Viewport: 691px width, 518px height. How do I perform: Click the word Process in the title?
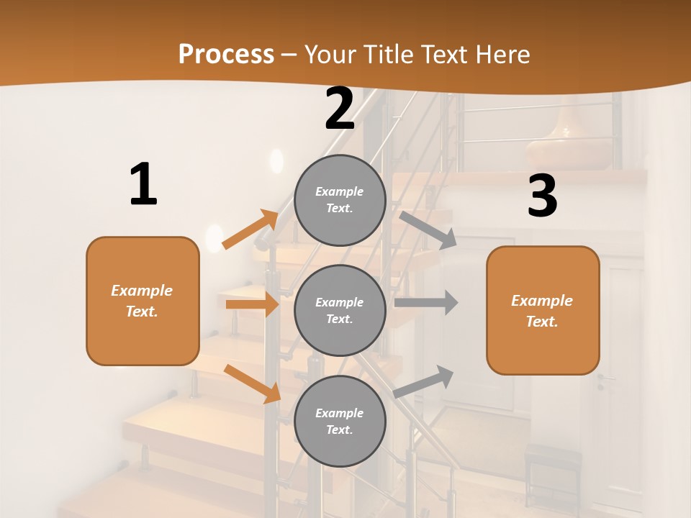pos(226,55)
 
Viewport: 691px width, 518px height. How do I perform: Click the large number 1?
pos(143,185)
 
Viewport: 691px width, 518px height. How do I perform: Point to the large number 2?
pos(340,109)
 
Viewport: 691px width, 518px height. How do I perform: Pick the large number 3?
pos(542,196)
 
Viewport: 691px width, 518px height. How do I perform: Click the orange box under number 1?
pos(143,301)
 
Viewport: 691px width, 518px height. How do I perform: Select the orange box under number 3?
pos(543,310)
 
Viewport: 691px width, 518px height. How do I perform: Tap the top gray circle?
pos(340,199)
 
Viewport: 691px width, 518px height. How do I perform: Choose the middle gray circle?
pos(340,310)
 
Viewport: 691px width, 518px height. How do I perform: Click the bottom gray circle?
pos(340,421)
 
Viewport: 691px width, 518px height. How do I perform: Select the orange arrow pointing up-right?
pos(250,230)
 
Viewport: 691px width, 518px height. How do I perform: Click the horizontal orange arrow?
pos(252,304)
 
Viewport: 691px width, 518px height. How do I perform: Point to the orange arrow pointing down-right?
pos(252,383)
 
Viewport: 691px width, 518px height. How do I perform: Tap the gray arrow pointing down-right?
pos(428,230)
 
